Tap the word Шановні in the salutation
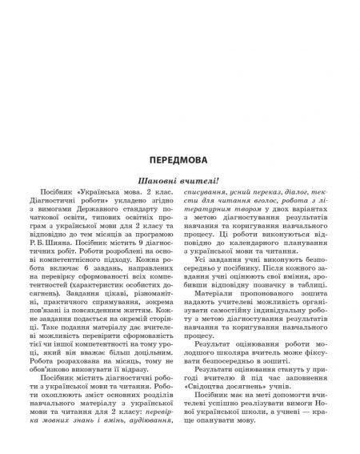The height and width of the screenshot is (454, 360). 158,181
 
